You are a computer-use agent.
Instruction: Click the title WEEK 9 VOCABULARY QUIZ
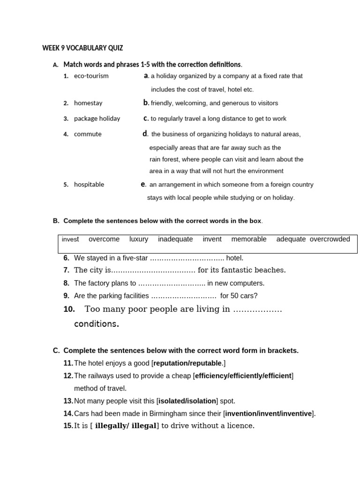(x=82, y=48)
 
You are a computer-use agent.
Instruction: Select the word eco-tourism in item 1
(x=91, y=76)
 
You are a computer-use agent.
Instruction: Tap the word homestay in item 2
(x=88, y=103)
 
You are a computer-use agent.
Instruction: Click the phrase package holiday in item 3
(x=97, y=119)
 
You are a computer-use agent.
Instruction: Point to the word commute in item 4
(x=88, y=134)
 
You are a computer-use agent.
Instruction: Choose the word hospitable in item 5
(x=89, y=185)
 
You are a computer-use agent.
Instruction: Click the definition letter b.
(x=146, y=103)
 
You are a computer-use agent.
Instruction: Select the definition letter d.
(x=145, y=134)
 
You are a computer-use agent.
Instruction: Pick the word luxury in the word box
(x=139, y=239)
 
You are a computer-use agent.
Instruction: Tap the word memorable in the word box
(x=249, y=239)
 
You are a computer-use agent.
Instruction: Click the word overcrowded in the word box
(x=330, y=239)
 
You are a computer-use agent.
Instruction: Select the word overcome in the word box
(x=104, y=239)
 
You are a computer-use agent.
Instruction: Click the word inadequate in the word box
(x=175, y=239)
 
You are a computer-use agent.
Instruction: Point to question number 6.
(x=66, y=258)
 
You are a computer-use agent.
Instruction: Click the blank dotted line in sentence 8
(x=172, y=284)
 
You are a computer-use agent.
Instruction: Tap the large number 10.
(x=69, y=309)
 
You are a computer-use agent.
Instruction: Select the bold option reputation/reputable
(x=187, y=363)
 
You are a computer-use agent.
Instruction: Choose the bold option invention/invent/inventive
(x=269, y=413)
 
